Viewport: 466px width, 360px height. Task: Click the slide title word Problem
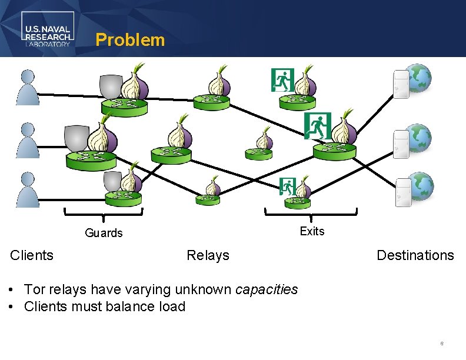click(130, 40)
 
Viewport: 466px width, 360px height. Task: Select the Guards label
click(104, 233)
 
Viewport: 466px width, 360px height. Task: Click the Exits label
click(312, 231)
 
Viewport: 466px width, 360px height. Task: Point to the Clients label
click(32, 255)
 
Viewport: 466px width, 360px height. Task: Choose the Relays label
click(208, 255)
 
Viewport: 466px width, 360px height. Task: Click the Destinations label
click(415, 255)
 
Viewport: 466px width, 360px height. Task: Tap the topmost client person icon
click(28, 88)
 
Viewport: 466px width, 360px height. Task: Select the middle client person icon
click(28, 140)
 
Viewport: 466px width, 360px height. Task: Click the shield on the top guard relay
click(111, 87)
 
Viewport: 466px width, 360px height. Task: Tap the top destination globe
click(420, 78)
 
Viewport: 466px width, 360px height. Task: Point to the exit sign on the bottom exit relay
click(287, 186)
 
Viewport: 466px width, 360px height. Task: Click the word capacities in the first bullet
click(267, 289)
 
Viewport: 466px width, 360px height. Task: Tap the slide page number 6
click(441, 343)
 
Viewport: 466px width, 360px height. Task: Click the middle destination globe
click(420, 138)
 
